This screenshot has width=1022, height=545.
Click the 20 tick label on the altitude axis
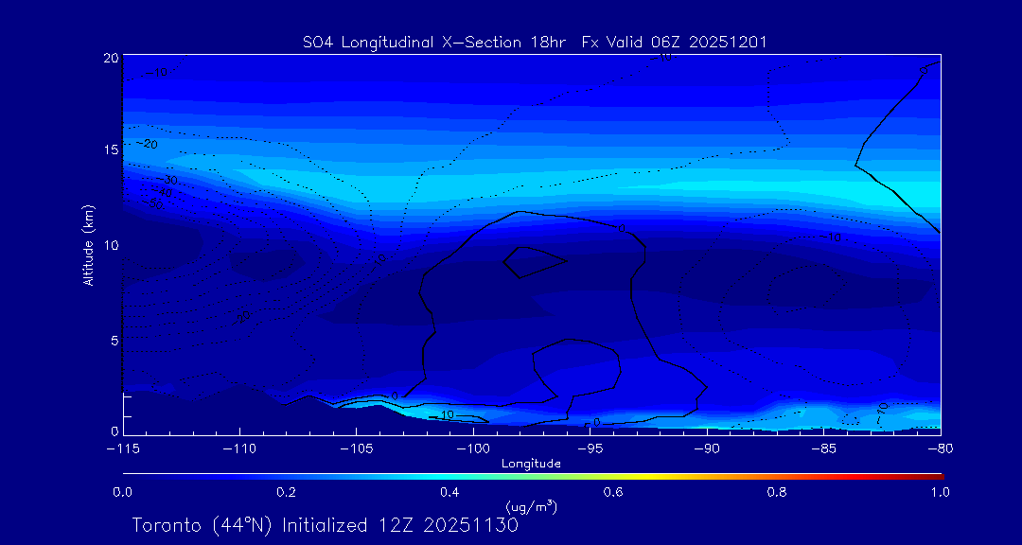pos(110,58)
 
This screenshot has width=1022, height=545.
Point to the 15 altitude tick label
pos(110,150)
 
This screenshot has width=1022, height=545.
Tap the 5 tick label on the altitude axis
pos(113,339)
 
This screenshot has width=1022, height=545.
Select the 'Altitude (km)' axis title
pos(88,245)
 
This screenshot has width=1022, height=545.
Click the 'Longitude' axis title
pos(531,464)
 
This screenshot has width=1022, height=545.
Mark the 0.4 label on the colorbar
pos(449,492)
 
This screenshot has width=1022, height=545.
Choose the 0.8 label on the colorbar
pos(777,492)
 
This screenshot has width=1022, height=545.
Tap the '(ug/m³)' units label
pos(531,507)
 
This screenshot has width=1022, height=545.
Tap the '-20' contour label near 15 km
pos(147,144)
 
